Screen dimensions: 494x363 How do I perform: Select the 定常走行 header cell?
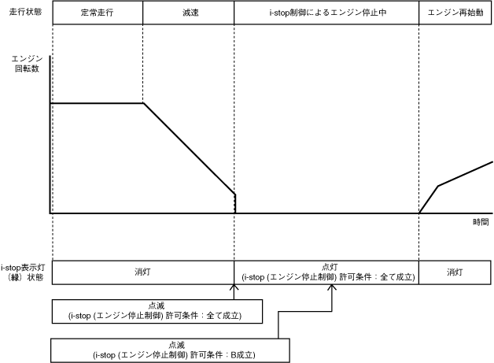pos(97,13)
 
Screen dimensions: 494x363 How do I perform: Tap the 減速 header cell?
pos(189,13)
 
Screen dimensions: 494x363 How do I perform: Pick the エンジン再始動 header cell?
pos(455,13)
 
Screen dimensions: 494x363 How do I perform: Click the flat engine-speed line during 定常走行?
pos(96,103)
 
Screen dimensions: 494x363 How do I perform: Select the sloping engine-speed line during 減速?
pos(189,149)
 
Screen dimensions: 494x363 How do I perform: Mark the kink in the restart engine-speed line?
pos(437,186)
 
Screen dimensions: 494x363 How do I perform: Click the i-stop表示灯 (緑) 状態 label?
pos(23,272)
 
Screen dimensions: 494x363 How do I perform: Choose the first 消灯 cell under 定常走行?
pos(142,272)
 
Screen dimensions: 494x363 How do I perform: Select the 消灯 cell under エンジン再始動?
pos(455,272)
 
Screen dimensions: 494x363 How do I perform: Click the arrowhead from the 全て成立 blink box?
pos(234,288)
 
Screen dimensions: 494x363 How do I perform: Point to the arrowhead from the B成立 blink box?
pos(332,288)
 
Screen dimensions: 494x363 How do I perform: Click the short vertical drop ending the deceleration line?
pos(235,203)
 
